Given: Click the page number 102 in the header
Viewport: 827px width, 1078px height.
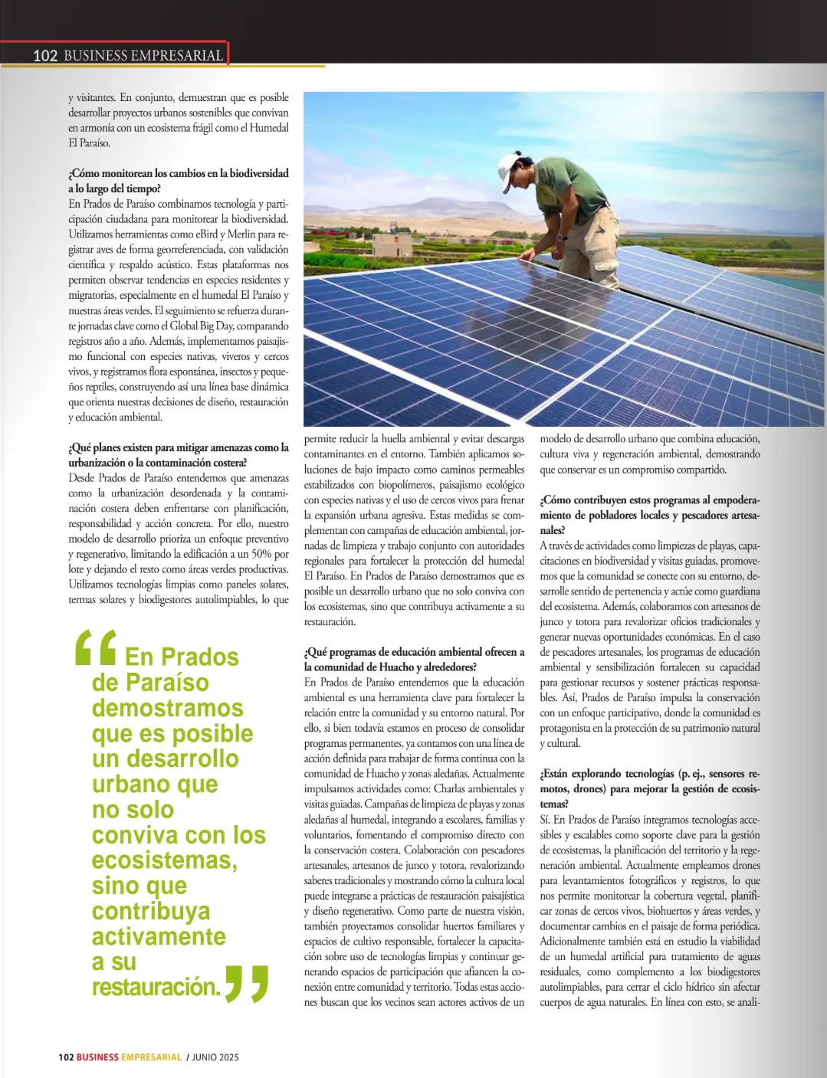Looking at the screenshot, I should coord(45,55).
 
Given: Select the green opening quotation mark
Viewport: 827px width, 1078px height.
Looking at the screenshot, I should coord(96,647).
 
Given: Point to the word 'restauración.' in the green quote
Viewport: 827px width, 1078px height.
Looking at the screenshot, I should coord(156,987).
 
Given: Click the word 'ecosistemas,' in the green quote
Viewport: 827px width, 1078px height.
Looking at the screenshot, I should coord(165,860).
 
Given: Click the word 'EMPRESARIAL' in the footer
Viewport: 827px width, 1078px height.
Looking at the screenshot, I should coord(151,1057).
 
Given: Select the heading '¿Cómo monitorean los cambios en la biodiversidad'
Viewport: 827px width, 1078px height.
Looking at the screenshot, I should coord(178,173).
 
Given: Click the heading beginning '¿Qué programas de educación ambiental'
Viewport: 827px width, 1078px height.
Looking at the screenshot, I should coord(414,652).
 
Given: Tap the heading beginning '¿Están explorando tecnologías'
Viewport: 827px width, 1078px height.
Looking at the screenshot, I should coord(649,774).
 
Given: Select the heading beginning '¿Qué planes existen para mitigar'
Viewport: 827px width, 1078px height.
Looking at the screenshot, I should coord(178,447).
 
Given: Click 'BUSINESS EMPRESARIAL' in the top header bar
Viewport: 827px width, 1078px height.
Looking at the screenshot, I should coord(143,55).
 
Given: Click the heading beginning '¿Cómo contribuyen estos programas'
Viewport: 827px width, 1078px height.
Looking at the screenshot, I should coord(649,500).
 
